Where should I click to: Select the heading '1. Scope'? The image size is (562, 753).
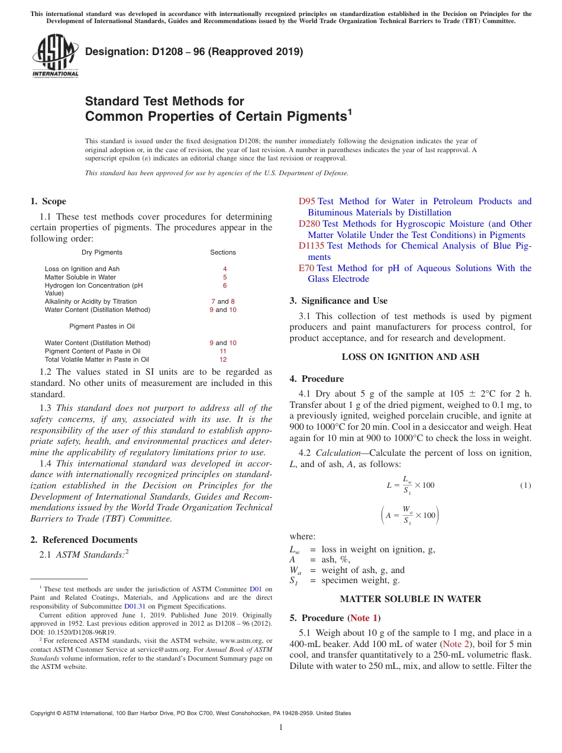[49, 201]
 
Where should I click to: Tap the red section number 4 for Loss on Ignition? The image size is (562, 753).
[225, 269]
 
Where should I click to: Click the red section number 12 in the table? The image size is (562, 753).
[223, 359]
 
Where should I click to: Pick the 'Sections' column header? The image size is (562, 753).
[223, 252]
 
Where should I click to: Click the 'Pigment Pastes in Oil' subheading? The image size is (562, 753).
[102, 326]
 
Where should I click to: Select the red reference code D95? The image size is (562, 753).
[307, 201]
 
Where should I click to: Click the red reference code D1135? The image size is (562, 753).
[311, 246]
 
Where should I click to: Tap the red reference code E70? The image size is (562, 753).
[306, 268]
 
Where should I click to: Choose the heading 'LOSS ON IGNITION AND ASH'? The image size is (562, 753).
[411, 357]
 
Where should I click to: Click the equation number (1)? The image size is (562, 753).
[525, 485]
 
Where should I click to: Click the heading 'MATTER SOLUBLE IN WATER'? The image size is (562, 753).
[411, 599]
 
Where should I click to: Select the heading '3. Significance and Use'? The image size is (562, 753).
[339, 301]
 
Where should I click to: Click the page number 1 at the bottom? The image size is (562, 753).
[281, 728]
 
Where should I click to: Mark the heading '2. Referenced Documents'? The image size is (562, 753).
[84, 540]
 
